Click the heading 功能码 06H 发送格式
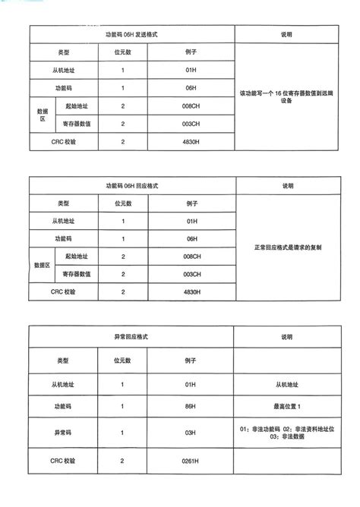pyautogui.click(x=132, y=35)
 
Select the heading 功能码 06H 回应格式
pyautogui.click(x=132, y=186)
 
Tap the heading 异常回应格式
pyautogui.click(x=132, y=335)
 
